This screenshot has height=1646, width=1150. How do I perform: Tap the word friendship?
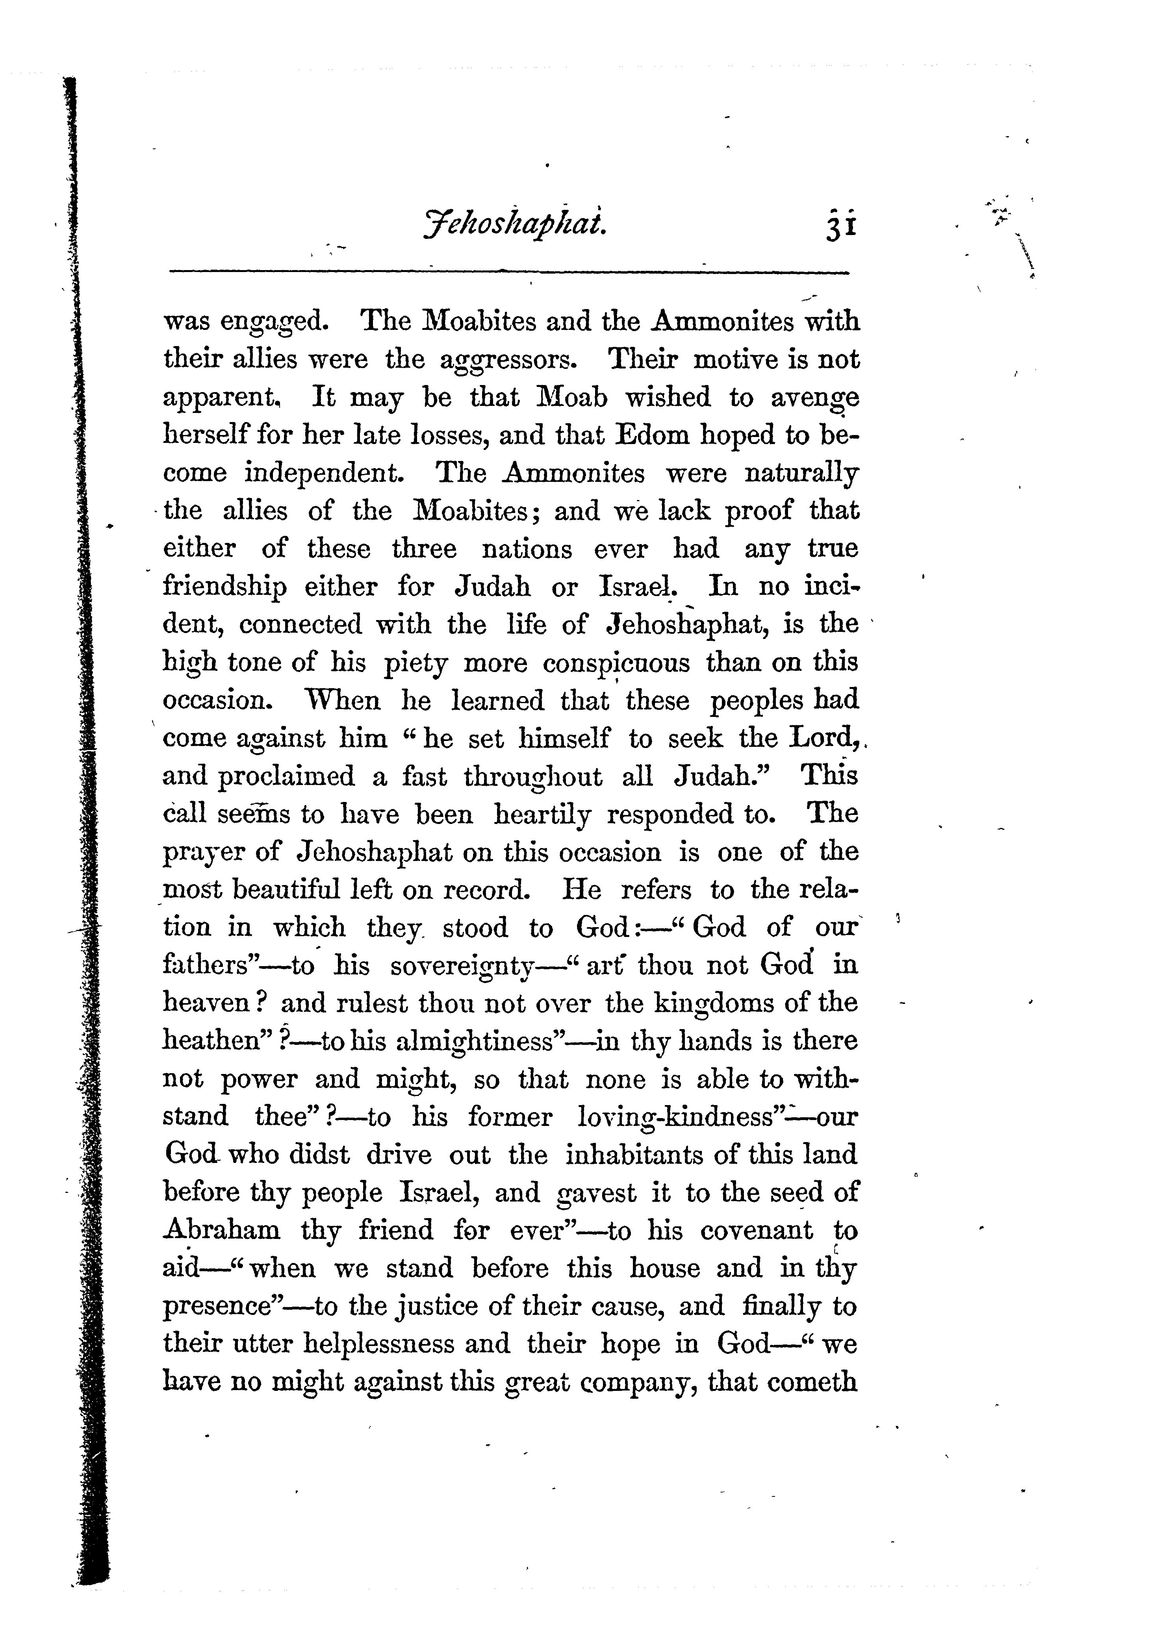click(x=224, y=587)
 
